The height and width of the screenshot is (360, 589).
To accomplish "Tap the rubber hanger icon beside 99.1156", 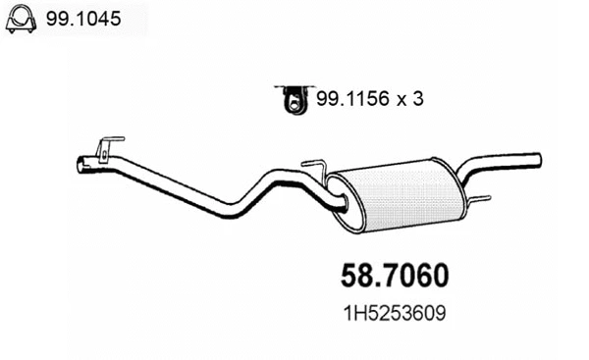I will point(292,97).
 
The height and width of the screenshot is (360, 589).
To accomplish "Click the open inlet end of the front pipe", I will point(81,165).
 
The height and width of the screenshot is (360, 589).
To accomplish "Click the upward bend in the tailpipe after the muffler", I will point(469,172).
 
